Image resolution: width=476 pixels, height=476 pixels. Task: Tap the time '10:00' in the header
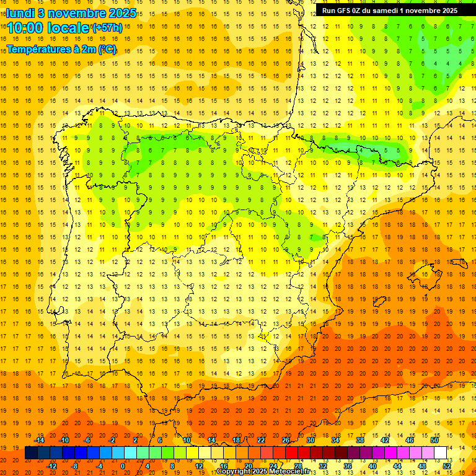(26, 28)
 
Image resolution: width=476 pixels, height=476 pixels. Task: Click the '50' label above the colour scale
(434, 440)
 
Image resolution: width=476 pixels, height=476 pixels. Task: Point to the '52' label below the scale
(447, 466)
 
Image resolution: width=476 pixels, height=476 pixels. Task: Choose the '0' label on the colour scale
(123, 466)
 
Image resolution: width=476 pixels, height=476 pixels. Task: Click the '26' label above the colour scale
(286, 440)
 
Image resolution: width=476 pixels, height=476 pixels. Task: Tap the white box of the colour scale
(440, 453)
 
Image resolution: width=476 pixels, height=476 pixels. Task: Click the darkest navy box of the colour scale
(31, 453)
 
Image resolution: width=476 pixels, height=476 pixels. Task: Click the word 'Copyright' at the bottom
(236, 472)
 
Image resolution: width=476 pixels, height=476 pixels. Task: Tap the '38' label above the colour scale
(360, 440)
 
